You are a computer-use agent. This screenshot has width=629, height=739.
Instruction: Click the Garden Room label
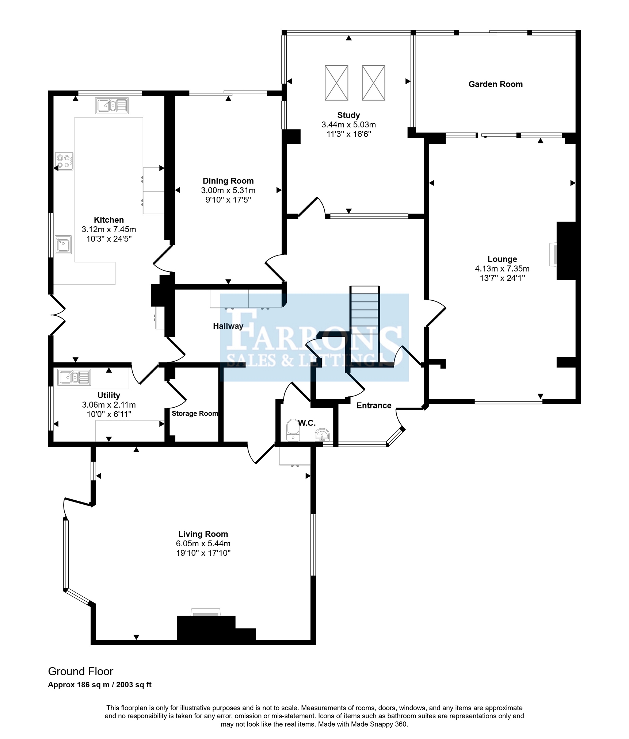[x=495, y=84]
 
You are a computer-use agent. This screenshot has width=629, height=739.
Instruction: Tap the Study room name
[x=348, y=115]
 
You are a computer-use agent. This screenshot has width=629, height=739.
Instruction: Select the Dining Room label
[x=228, y=181]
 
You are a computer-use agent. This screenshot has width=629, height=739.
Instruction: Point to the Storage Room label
[x=195, y=413]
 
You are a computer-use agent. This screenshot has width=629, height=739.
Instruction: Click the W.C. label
[x=307, y=423]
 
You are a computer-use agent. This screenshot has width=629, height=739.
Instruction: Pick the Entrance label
[x=374, y=405]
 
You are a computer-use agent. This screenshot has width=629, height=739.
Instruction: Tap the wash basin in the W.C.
[x=322, y=435]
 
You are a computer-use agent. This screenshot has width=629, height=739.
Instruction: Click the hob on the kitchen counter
[x=64, y=161]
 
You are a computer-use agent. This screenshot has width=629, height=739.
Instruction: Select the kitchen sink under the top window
[x=112, y=106]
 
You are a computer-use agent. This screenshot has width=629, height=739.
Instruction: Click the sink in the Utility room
[x=74, y=377]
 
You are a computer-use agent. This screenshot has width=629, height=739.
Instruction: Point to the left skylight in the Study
[x=336, y=83]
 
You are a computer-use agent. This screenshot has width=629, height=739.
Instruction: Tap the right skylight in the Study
[x=373, y=83]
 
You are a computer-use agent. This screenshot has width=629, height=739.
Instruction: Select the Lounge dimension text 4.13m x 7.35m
[x=502, y=269]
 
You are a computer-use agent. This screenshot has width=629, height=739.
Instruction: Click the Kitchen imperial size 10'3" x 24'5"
[x=109, y=239]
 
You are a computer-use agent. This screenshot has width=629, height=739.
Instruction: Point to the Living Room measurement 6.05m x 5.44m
[x=203, y=543]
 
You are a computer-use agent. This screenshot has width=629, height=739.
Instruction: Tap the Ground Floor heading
[x=81, y=671]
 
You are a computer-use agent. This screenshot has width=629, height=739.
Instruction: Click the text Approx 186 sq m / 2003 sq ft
[x=100, y=685]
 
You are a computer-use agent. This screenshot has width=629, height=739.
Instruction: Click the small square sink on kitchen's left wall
[x=63, y=245]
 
